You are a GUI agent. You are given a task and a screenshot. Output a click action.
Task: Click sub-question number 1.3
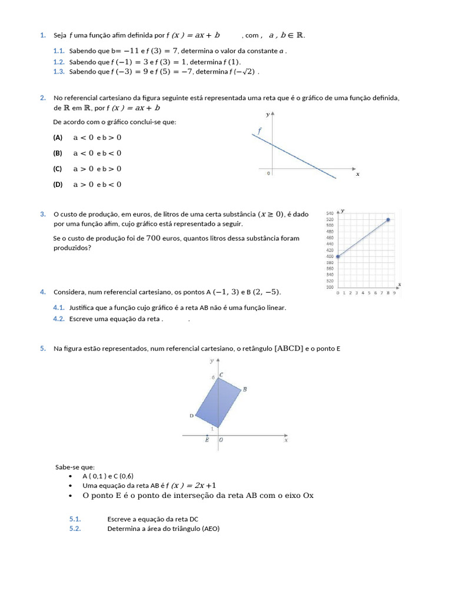[x=58, y=72]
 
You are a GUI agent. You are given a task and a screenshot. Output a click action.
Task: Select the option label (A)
[x=58, y=138]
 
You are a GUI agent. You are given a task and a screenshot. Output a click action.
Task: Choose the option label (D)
[x=58, y=185]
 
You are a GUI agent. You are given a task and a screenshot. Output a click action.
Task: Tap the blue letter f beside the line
[x=259, y=132]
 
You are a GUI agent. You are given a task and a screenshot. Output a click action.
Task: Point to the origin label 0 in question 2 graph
[x=268, y=173]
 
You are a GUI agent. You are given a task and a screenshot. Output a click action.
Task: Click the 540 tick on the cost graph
[x=330, y=212]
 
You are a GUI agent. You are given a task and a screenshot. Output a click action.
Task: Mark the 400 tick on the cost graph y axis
[x=330, y=256]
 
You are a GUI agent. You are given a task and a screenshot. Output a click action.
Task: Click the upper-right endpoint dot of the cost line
[x=388, y=220]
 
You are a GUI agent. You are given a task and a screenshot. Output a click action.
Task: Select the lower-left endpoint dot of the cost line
[x=338, y=256]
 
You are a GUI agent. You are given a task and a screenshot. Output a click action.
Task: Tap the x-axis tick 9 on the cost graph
[x=394, y=292]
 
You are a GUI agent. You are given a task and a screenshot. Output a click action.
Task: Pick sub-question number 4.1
[x=58, y=307]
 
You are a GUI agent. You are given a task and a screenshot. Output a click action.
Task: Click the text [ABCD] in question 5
[x=288, y=349]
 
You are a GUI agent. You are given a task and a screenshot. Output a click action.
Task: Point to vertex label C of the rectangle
[x=221, y=374]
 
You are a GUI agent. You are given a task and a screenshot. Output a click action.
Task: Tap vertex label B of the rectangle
[x=245, y=389]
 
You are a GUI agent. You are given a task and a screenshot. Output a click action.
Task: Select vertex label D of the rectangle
[x=191, y=416]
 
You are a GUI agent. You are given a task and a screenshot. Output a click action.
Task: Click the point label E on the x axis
[x=207, y=440]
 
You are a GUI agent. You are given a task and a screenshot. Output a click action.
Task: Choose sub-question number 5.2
[x=75, y=529]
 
